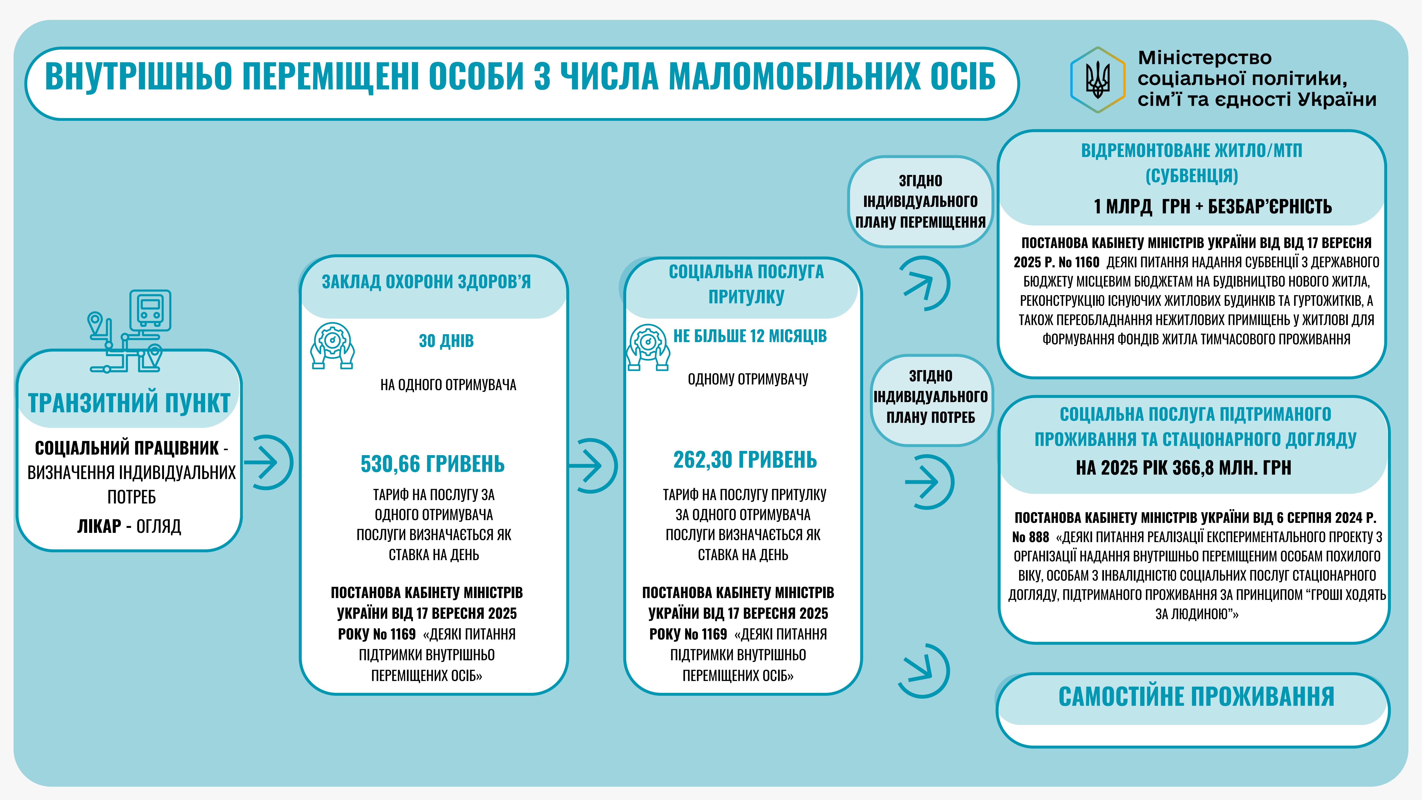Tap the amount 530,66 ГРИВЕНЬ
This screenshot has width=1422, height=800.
[432, 464]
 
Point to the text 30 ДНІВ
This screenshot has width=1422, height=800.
[446, 341]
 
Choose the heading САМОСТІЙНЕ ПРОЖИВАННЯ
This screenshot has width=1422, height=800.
[1196, 697]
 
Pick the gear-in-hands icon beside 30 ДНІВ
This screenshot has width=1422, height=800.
[332, 345]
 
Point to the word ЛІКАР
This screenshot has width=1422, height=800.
[99, 526]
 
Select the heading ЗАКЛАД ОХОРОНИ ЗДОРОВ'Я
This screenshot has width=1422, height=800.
[426, 282]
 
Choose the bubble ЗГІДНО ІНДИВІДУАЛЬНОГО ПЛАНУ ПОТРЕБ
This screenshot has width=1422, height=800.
[931, 396]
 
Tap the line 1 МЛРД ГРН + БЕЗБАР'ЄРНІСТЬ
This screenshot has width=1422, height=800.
[1212, 206]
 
